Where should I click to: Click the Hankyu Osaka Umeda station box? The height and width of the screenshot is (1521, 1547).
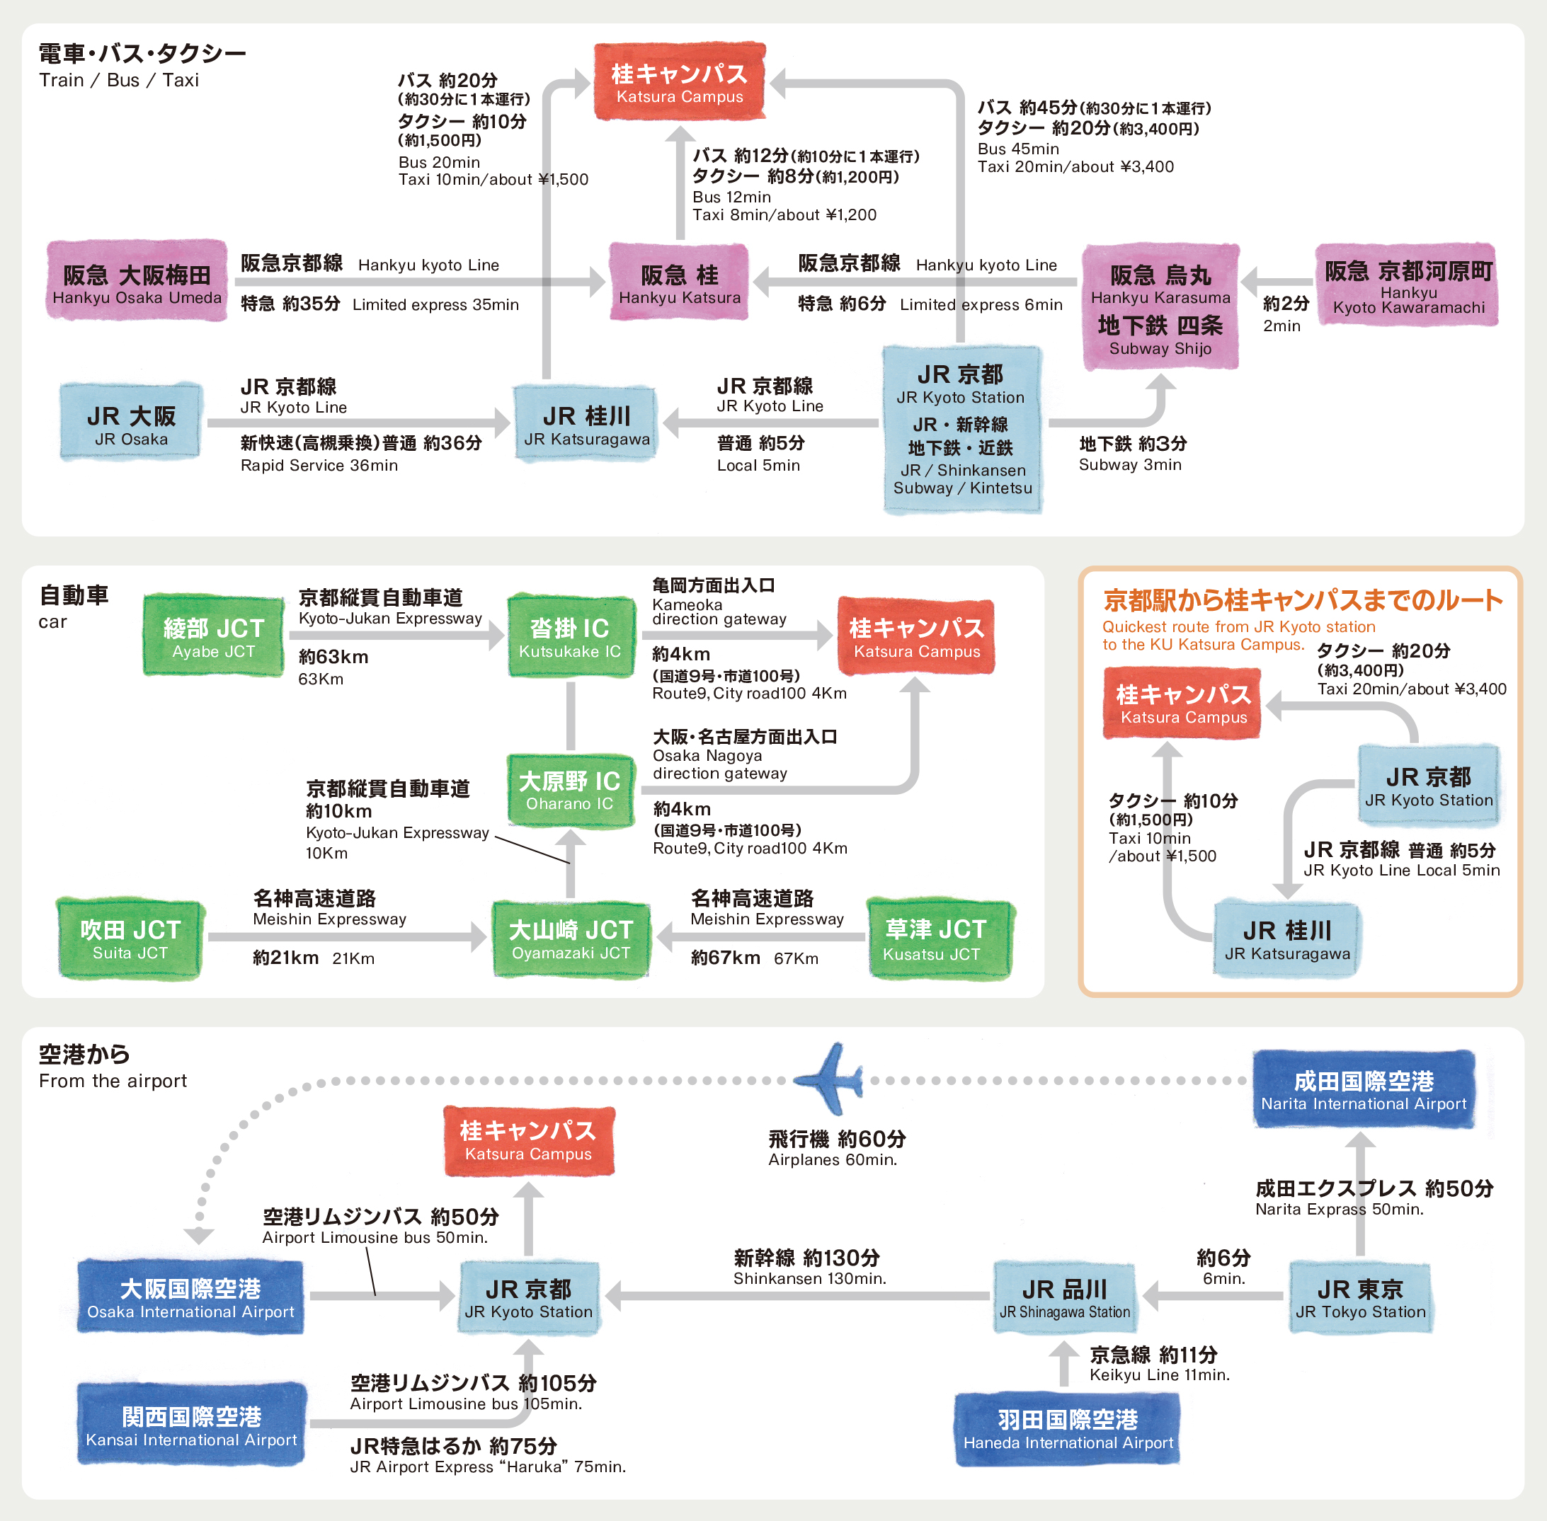[x=137, y=281]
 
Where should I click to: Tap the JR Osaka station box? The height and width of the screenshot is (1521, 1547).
[x=130, y=423]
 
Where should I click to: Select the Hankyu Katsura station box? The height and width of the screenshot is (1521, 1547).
[x=679, y=281]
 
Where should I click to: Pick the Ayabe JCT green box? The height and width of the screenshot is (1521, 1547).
[x=213, y=636]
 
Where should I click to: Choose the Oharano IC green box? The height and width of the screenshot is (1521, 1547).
[x=570, y=790]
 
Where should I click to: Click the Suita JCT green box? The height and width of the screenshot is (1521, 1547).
[x=130, y=939]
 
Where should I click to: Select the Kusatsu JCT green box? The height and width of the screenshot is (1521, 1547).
[x=940, y=939]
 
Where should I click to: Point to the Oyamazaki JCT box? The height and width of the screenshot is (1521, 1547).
[x=571, y=939]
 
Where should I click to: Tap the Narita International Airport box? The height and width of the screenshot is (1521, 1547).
[x=1363, y=1090]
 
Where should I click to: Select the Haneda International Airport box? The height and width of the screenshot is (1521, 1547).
[x=1068, y=1429]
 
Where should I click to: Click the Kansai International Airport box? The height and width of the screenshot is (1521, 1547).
[x=191, y=1426]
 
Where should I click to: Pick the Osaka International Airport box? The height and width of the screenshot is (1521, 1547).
[x=190, y=1297]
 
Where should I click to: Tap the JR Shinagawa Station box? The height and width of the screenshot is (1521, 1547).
[x=1064, y=1298]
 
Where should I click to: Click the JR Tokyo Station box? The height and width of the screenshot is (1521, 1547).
[x=1360, y=1298]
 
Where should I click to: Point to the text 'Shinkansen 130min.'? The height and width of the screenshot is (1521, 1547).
[x=809, y=1278]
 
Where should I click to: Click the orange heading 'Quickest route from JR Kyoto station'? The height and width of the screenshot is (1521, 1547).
[x=1238, y=626]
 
